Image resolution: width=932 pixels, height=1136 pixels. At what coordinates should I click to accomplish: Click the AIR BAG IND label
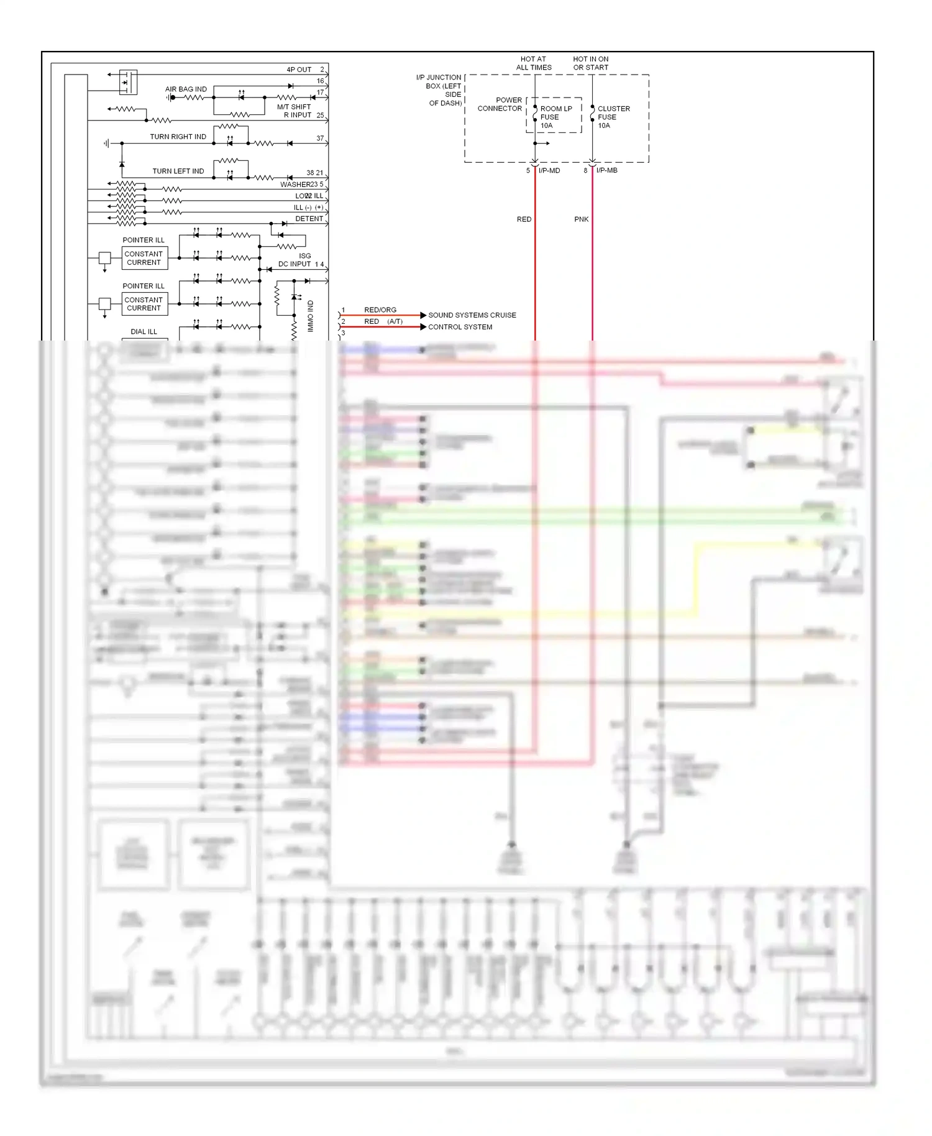pos(186,89)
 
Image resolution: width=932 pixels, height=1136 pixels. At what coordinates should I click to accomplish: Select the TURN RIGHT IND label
pos(178,137)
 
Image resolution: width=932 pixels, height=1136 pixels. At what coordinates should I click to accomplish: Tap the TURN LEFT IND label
pos(178,171)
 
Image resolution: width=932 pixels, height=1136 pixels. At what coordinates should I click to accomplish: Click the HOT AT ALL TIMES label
pos(533,63)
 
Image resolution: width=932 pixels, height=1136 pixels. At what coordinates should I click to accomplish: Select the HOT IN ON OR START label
pos(590,63)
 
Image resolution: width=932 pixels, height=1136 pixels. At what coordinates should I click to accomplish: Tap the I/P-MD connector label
pos(549,170)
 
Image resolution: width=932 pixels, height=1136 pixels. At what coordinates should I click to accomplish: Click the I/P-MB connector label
pos(606,170)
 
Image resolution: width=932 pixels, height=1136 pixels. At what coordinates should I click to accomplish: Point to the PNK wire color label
pos(581,219)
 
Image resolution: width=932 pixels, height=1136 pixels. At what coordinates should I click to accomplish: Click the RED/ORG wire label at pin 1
pos(380,309)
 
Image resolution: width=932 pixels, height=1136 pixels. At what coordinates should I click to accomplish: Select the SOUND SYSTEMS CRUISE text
pos(472,315)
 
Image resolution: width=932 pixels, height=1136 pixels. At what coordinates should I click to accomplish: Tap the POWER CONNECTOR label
pos(500,104)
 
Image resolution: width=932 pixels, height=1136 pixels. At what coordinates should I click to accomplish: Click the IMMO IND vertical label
pos(311,316)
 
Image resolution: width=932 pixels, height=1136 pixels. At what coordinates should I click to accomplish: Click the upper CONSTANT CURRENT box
pos(144,258)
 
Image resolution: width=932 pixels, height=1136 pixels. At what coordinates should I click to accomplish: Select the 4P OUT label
pos(299,70)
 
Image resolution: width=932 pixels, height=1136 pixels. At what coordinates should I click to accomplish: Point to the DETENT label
pos(309,219)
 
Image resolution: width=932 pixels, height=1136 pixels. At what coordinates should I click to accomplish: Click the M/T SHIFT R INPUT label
pos(295,111)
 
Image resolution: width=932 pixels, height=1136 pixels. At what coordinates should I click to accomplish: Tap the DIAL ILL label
pos(144,332)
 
